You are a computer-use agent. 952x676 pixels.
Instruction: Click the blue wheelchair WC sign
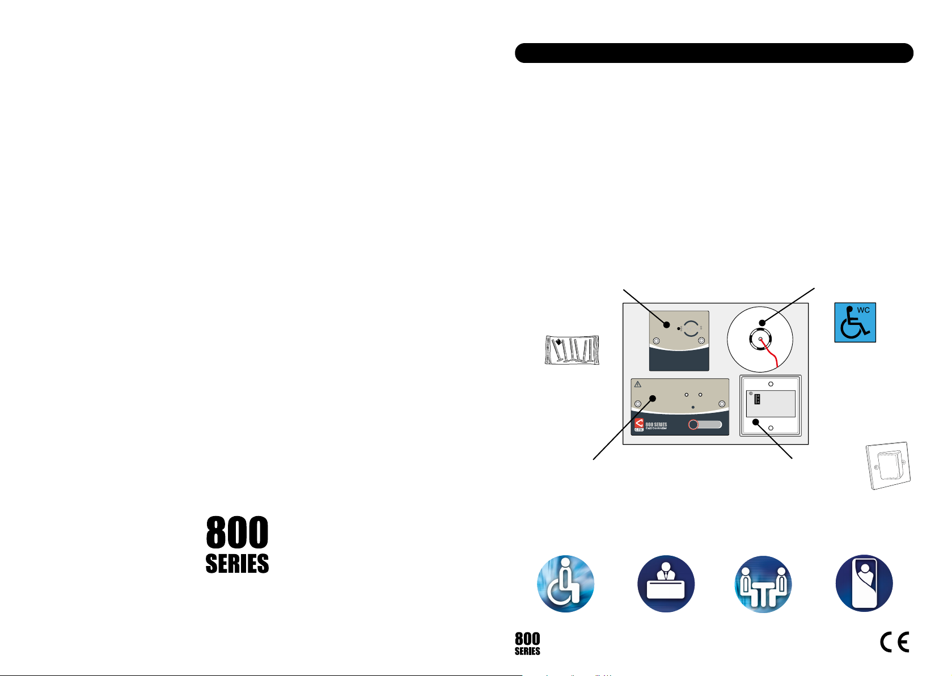854,322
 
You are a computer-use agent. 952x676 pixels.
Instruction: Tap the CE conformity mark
894,642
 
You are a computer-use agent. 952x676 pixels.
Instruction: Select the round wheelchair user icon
565,584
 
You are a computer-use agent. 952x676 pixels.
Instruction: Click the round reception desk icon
666,584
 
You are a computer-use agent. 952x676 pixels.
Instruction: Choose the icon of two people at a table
763,584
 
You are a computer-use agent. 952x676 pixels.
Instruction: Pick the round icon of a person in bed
864,584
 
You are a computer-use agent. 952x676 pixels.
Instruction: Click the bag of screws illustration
572,349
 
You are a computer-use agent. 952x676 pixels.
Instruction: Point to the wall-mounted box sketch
888,466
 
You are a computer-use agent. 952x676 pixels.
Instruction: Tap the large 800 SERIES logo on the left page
237,544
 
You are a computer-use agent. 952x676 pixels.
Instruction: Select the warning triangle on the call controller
638,385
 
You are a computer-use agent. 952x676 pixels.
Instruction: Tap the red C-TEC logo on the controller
639,424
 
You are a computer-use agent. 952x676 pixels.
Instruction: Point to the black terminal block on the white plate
757,399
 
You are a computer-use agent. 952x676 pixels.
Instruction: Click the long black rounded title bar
713,53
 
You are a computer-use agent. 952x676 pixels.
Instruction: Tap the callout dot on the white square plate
756,421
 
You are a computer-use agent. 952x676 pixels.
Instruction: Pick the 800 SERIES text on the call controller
656,424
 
